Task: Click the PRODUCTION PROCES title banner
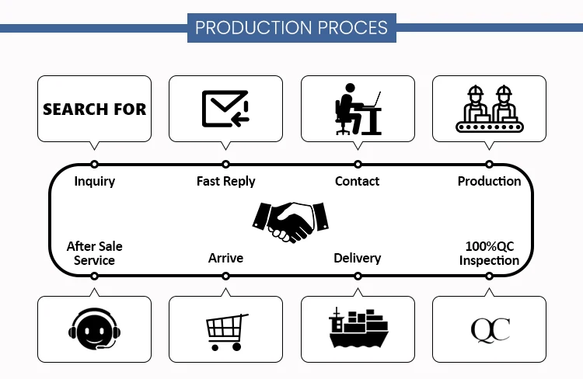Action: point(291,28)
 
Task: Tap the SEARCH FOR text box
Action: point(95,109)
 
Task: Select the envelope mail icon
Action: point(225,109)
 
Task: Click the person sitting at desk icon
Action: point(358,109)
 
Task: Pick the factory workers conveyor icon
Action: point(489,109)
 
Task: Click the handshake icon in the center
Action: point(291,221)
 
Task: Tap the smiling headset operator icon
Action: point(94,329)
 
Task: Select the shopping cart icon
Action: point(225,330)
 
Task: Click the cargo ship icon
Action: point(358,329)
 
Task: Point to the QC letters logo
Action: point(490,329)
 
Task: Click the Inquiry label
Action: point(95,181)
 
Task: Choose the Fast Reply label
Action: point(225,181)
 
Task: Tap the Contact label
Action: point(358,181)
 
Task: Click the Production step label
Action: point(489,181)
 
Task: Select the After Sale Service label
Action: point(95,253)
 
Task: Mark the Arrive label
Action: point(225,258)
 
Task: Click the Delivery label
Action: point(358,258)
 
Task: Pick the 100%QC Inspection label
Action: point(489,253)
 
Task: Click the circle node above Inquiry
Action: point(94,164)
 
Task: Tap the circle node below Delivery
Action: point(358,276)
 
